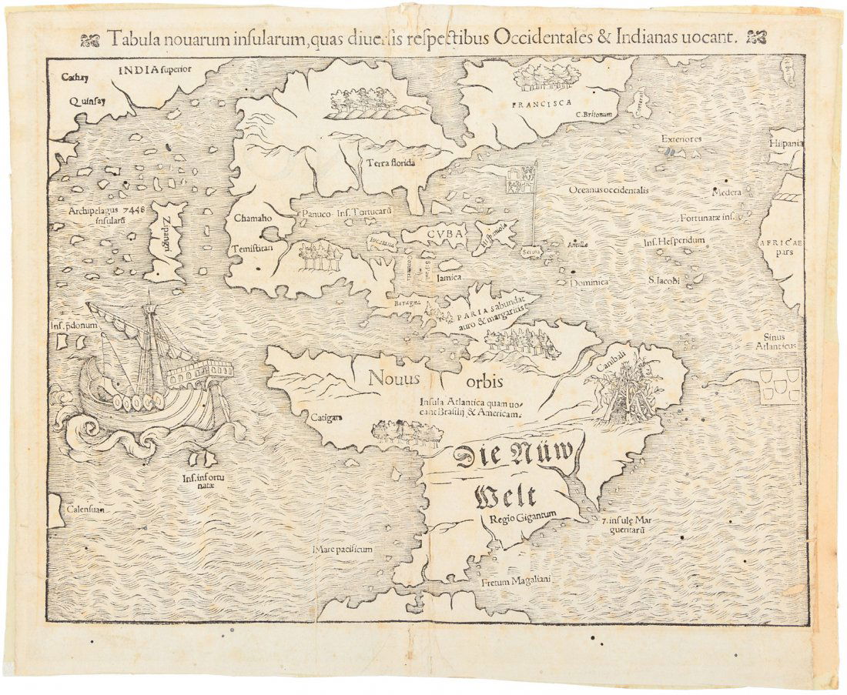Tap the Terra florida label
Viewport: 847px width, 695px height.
391,162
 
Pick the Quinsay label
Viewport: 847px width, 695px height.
86,99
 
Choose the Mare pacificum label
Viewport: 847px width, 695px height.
343,550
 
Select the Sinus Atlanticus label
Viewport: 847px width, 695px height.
780,341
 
